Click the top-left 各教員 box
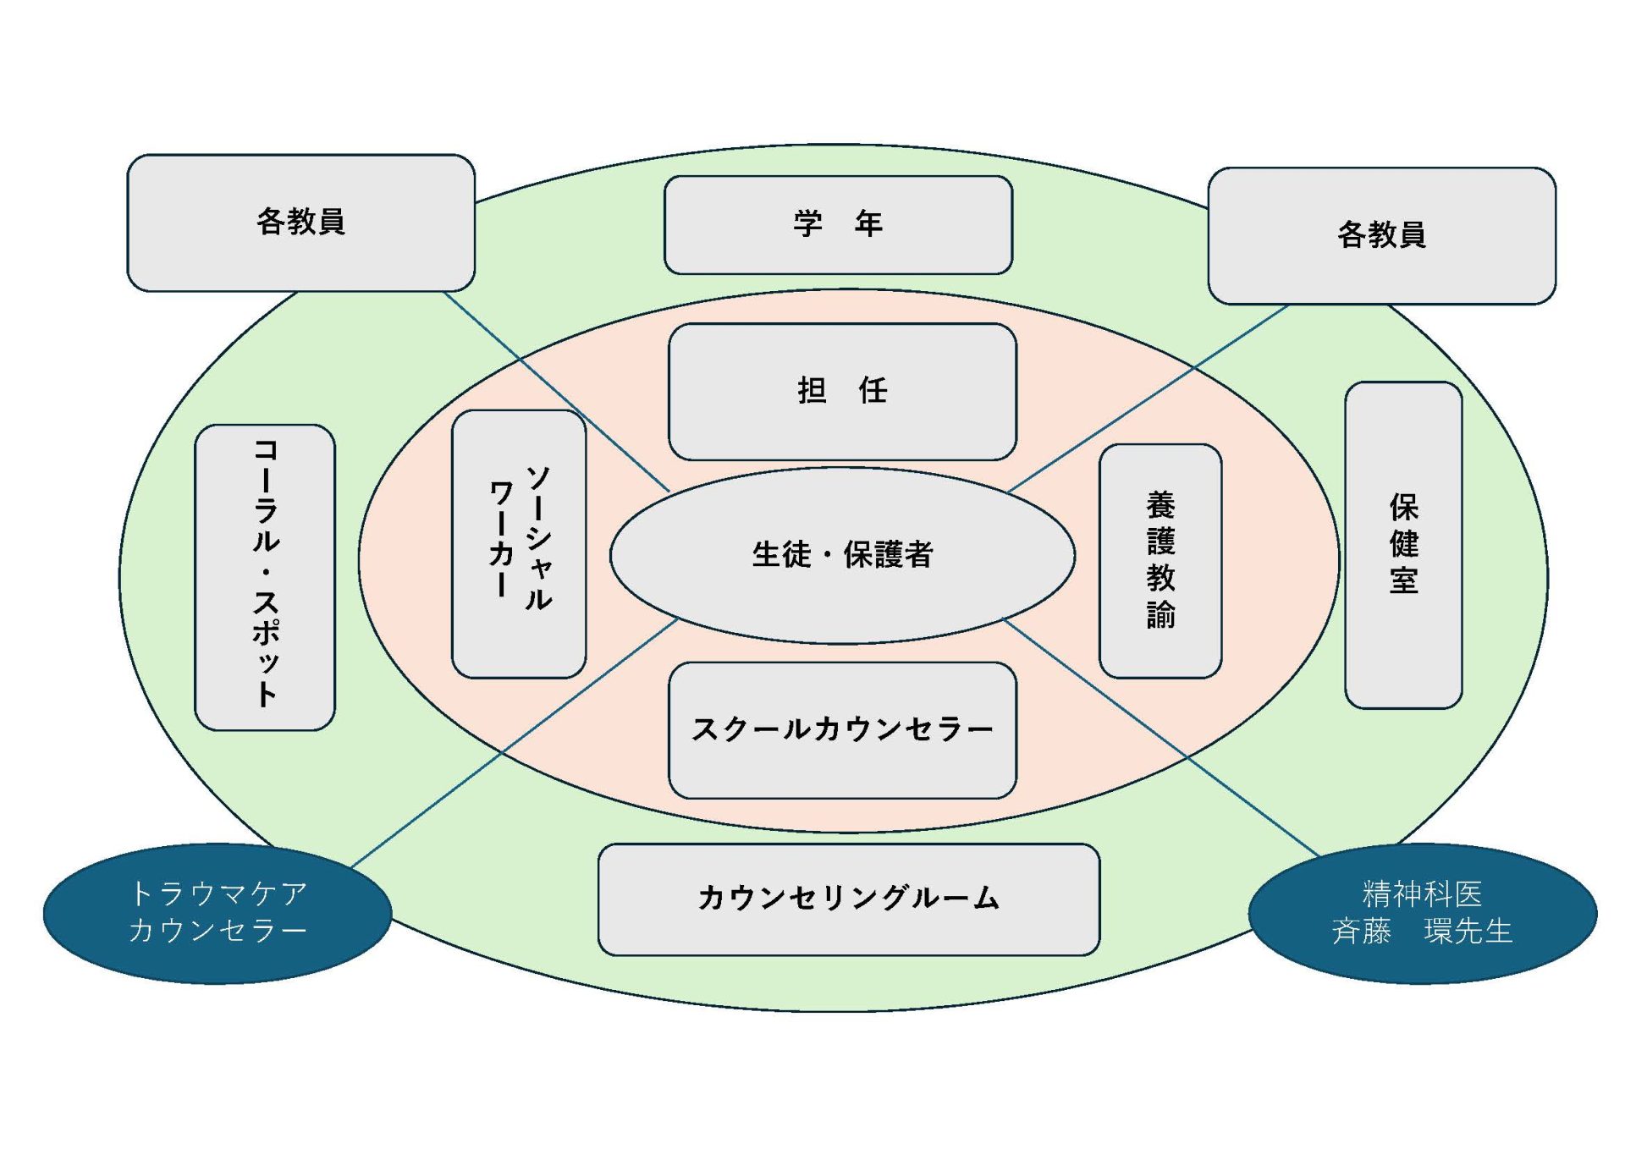[300, 223]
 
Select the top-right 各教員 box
[1381, 235]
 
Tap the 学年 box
[838, 225]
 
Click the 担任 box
[842, 392]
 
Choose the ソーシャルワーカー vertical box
[519, 544]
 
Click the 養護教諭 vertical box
[1160, 561]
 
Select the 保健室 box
[1403, 544]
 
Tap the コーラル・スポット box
[265, 577]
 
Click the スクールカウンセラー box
[842, 730]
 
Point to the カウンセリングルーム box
[848, 899]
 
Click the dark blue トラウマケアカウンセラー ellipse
[218, 913]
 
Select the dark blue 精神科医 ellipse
[1422, 913]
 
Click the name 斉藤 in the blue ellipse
[1361, 932]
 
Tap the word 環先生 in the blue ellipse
[1468, 932]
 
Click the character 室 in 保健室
[1403, 581]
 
